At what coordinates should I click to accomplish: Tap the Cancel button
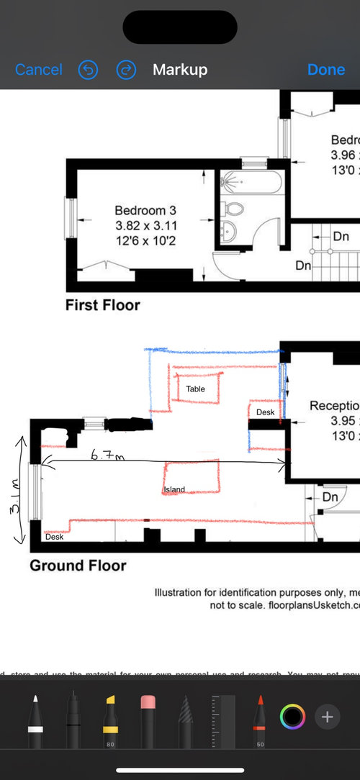coord(39,70)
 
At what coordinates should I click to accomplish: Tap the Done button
coord(326,70)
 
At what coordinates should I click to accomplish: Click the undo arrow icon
coord(88,70)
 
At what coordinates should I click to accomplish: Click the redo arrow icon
coord(126,70)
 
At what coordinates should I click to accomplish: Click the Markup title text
coord(180,70)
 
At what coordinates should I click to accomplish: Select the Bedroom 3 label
coord(145,210)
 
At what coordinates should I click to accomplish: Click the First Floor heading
coord(102,305)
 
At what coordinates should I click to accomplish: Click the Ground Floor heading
coord(78,566)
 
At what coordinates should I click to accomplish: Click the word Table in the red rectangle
coord(195,389)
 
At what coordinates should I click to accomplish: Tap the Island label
coord(174,489)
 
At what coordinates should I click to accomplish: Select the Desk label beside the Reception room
coord(265,412)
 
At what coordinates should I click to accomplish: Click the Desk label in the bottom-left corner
coord(53,537)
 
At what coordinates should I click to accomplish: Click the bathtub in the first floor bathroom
coord(248,181)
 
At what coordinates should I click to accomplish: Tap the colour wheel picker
coord(292,717)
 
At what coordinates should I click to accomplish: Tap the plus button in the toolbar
coord(327,717)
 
